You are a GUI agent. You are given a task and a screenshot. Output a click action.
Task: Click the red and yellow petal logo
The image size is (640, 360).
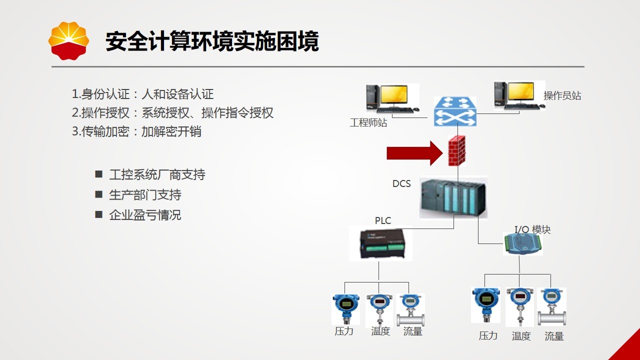68,41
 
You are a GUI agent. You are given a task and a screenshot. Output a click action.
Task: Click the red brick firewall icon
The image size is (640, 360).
456,151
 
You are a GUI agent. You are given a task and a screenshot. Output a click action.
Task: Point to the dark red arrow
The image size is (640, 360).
414,153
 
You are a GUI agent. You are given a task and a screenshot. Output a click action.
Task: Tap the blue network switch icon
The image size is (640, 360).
455,111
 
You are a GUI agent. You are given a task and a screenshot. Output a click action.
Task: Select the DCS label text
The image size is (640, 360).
401,183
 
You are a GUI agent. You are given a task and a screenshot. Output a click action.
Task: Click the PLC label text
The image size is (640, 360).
383,220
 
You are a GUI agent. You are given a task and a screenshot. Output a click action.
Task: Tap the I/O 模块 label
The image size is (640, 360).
532,229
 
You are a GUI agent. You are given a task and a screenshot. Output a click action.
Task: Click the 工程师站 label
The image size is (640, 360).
368,122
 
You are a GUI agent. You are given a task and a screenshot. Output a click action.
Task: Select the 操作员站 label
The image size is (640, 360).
562,95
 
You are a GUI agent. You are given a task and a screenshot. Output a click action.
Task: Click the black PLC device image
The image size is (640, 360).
380,243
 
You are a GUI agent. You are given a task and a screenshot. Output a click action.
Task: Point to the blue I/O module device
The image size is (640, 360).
523,243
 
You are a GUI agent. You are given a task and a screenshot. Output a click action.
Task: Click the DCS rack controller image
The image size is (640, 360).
453,197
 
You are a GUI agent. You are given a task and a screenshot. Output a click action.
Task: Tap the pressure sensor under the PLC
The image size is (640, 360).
345,309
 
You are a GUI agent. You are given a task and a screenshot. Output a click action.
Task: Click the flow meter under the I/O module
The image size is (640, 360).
551,307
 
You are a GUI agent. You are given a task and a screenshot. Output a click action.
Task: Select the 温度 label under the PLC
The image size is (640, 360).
380,331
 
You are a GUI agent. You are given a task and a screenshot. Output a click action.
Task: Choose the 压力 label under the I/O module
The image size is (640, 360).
488,335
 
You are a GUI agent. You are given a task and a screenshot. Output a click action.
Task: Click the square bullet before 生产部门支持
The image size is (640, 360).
98,194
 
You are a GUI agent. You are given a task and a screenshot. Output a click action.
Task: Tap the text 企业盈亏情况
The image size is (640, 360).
145,215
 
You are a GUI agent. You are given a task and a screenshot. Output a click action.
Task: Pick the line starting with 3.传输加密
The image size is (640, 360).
136,131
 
